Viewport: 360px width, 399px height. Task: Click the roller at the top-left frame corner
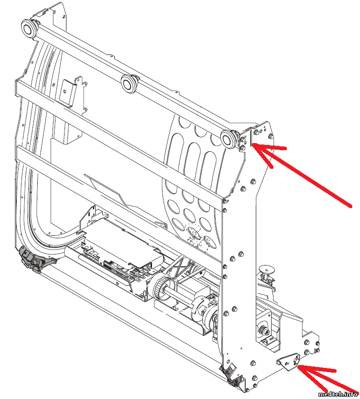tap(29, 29)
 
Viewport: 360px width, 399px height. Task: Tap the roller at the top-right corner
tap(228, 139)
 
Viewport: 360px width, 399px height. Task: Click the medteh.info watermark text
tap(338, 394)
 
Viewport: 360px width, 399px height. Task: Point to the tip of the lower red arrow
tap(297, 366)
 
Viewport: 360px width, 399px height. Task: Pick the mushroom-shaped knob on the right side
tap(266, 270)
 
